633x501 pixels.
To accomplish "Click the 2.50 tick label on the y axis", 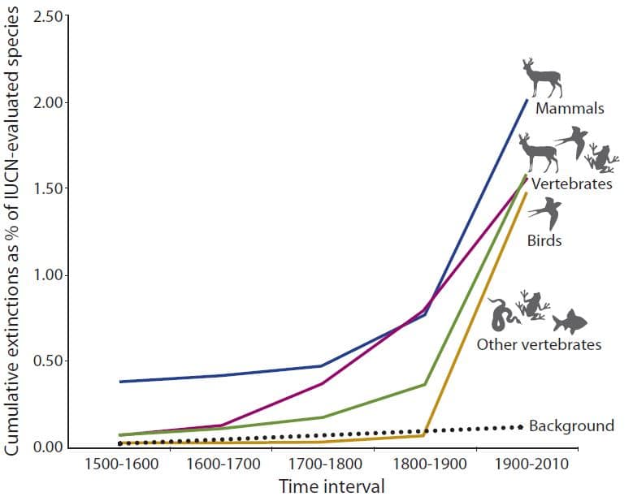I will tap(50, 16).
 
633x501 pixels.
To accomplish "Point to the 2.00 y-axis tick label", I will tap(50, 103).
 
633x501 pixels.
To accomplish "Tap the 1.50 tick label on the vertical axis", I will tap(50, 189).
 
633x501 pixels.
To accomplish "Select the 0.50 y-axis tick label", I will tap(50, 361).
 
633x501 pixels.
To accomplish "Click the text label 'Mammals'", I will tap(569, 109).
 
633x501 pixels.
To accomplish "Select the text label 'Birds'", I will tap(544, 240).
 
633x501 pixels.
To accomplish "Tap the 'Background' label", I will tap(570, 425).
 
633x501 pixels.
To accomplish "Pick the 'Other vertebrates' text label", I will tap(539, 344).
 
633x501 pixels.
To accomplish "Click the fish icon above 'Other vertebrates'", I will tap(569, 322).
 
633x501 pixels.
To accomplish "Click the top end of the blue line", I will tap(527, 99).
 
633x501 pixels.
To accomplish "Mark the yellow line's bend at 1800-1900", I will tap(424, 435).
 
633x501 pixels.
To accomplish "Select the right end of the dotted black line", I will tap(520, 426).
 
